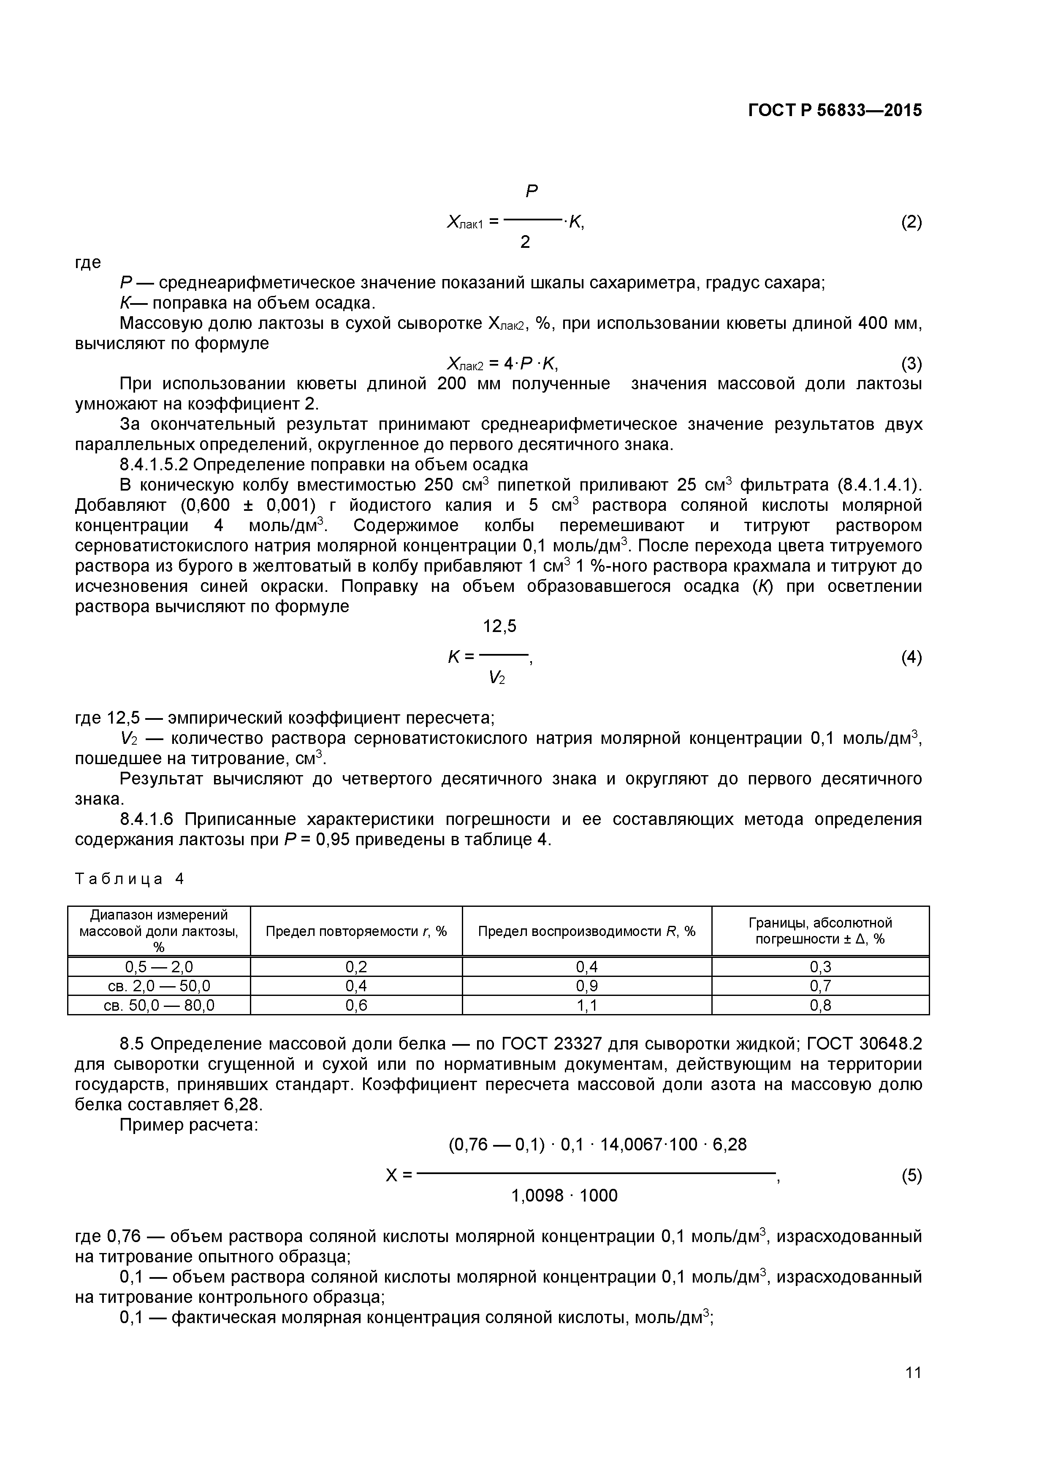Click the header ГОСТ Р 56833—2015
(834, 110)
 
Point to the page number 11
(912, 1389)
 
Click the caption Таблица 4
(130, 879)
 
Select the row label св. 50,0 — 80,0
(159, 1005)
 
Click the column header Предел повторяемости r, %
(356, 931)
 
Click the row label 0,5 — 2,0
(159, 966)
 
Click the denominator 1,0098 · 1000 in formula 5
(564, 1195)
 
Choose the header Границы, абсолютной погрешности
(820, 931)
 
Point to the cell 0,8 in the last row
(820, 1005)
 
